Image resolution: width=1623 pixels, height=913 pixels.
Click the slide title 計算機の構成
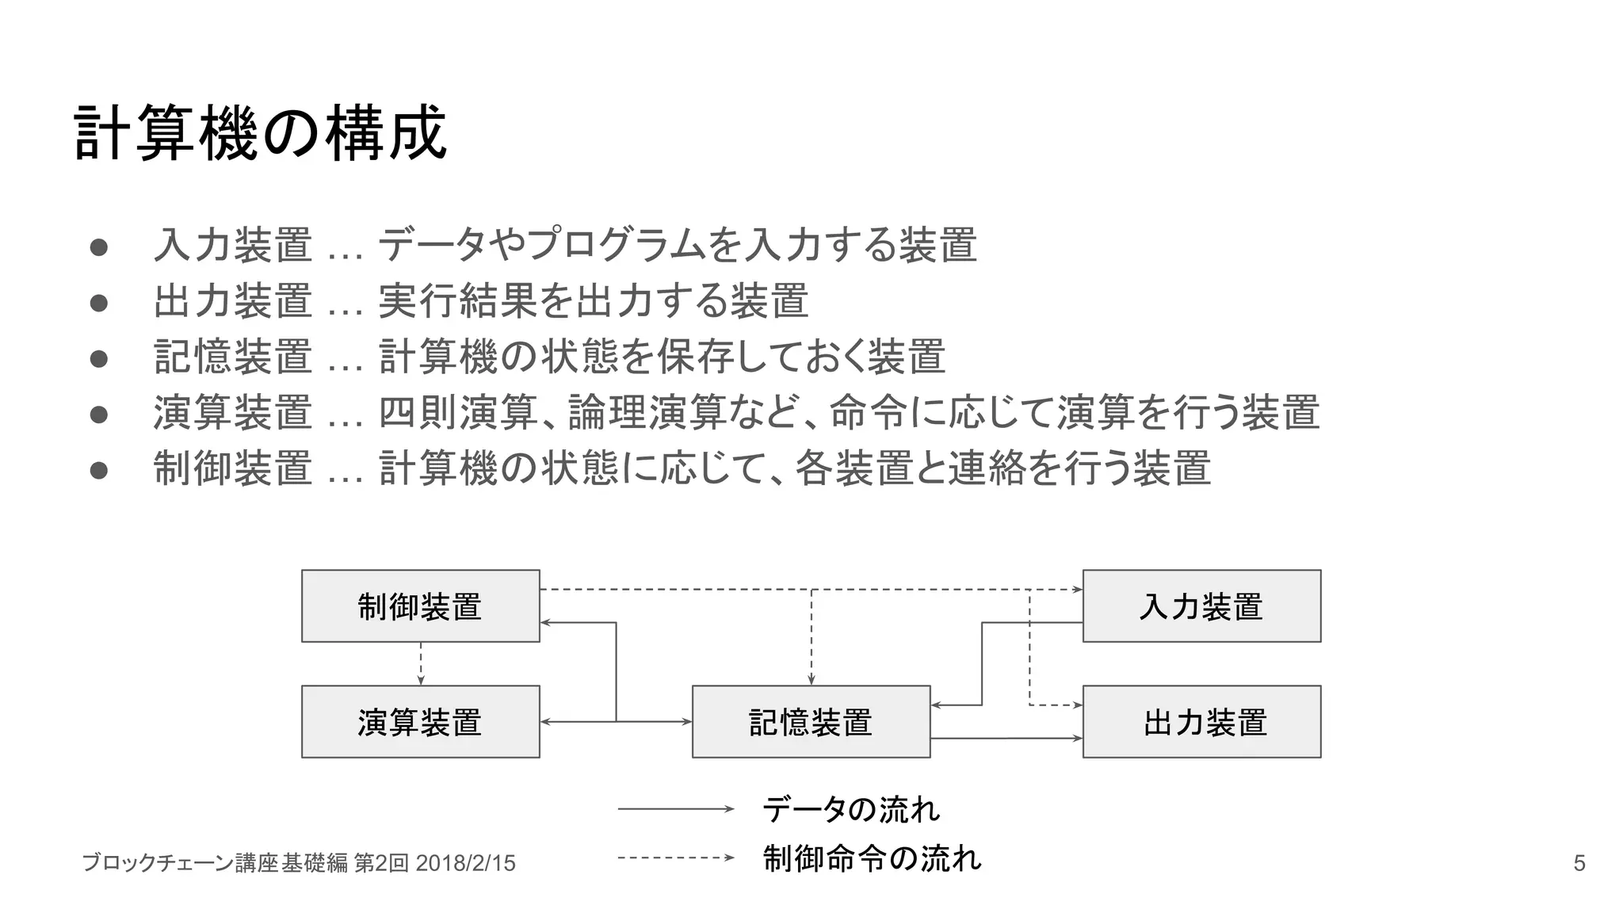[260, 133]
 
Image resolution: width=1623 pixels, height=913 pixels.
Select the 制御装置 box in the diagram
[420, 606]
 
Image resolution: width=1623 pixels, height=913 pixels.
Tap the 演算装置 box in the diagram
[420, 722]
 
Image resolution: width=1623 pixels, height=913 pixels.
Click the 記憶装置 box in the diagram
[811, 722]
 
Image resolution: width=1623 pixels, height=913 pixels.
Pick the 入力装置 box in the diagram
[1201, 606]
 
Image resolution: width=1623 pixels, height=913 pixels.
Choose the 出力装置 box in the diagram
[1201, 722]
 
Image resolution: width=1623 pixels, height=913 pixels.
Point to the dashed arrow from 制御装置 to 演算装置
[421, 663]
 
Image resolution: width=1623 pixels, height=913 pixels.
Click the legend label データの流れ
[850, 809]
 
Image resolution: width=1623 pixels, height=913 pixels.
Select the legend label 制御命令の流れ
[872, 858]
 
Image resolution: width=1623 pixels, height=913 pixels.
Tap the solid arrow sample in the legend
[676, 809]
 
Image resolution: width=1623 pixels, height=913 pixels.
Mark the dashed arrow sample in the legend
[676, 858]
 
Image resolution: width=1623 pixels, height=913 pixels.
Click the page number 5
[1579, 863]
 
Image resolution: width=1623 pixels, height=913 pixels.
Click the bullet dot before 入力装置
[99, 246]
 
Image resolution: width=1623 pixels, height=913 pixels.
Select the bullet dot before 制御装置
[99, 471]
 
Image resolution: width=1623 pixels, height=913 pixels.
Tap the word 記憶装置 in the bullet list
[233, 357]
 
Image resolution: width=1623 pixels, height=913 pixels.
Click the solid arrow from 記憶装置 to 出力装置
[1006, 739]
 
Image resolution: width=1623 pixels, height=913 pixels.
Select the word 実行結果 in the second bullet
[458, 301]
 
